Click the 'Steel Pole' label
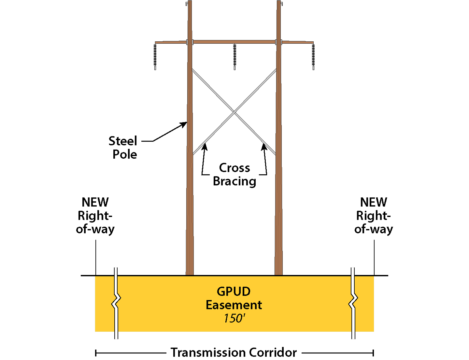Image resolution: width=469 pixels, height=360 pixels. click(x=123, y=148)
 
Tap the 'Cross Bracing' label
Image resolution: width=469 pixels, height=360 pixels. click(x=234, y=175)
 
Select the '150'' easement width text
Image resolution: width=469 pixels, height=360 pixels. click(x=234, y=318)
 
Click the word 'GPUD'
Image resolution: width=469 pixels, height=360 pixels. click(x=234, y=292)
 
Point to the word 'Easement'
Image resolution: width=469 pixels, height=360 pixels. click(x=234, y=305)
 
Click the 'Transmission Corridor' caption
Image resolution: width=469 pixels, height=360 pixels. click(x=234, y=353)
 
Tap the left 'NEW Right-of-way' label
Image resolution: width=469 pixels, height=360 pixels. click(x=95, y=216)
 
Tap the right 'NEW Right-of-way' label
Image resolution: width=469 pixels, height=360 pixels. click(x=374, y=216)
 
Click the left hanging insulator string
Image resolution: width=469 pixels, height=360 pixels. click(x=155, y=56)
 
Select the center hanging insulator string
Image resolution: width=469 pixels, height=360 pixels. click(x=234, y=56)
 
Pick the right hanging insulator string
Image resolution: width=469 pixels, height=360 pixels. click(x=313, y=56)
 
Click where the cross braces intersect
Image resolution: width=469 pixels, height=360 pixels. click(x=234, y=112)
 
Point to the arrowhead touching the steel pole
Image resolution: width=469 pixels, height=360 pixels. click(x=185, y=124)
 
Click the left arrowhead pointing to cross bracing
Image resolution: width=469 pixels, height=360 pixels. click(x=205, y=146)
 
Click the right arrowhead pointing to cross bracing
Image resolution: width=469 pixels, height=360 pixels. click(x=264, y=146)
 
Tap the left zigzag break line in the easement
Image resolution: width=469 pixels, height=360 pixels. click(x=116, y=303)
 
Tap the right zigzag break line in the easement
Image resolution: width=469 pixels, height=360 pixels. click(x=353, y=303)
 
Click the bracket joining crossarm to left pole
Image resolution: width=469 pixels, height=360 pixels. click(x=190, y=42)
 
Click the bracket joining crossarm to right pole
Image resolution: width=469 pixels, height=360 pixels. click(x=278, y=42)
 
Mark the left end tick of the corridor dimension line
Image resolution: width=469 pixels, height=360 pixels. click(x=96, y=353)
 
